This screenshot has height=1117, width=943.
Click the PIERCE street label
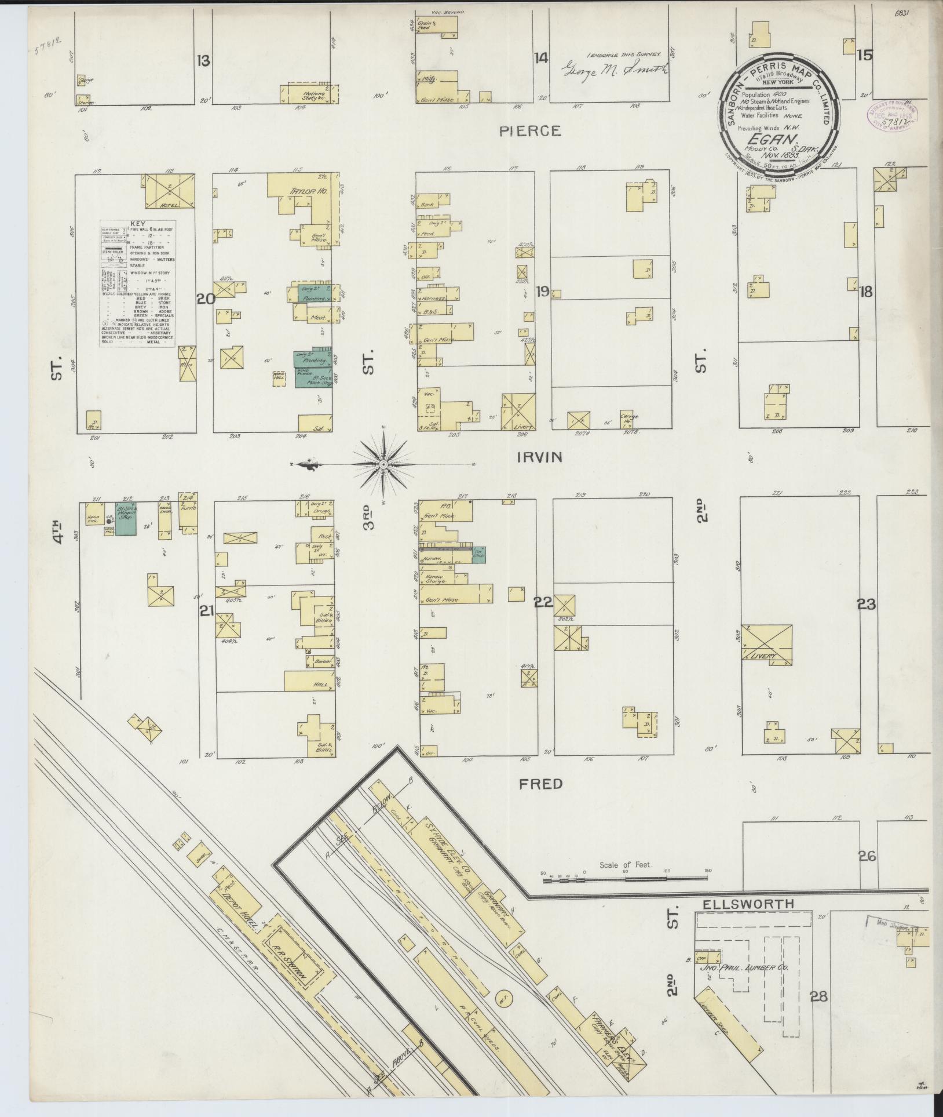531,131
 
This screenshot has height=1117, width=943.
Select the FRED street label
540,784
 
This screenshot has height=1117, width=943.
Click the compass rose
384,465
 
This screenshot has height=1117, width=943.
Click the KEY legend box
138,283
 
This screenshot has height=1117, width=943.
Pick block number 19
542,292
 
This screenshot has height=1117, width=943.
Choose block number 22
543,603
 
